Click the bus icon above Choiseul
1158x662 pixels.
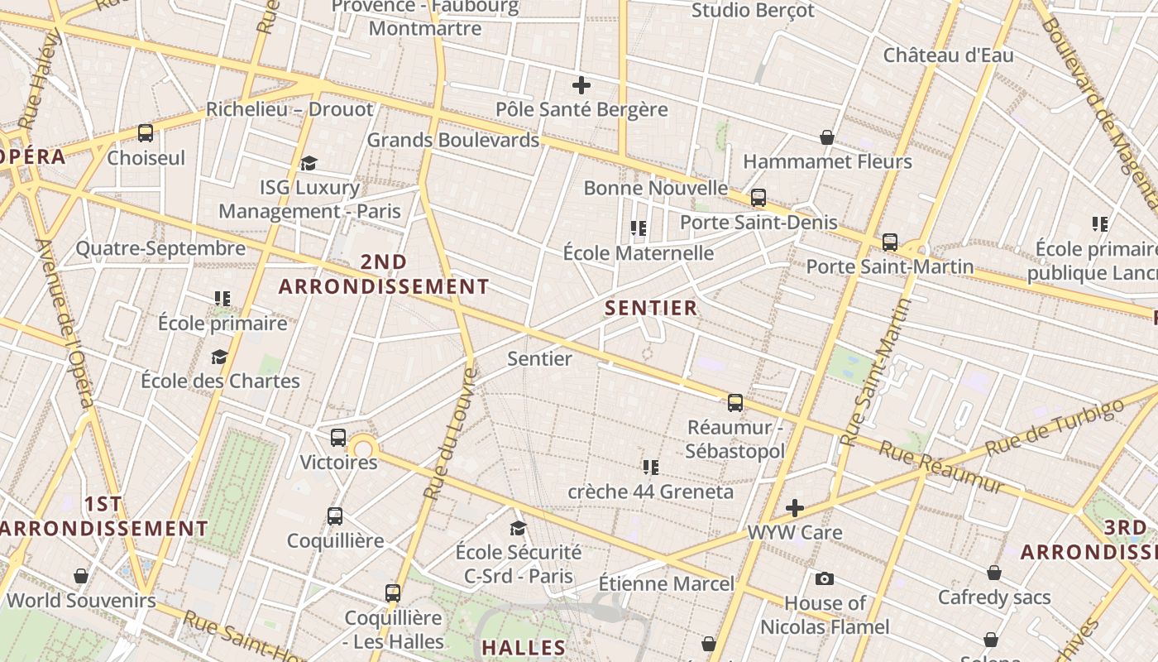pos(146,133)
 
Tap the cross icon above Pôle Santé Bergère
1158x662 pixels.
pos(581,84)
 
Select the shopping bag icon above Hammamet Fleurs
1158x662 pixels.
pos(826,137)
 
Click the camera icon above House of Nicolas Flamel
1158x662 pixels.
pos(824,579)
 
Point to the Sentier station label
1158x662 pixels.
pos(539,358)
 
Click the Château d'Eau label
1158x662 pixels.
pos(948,55)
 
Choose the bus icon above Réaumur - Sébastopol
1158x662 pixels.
pos(735,403)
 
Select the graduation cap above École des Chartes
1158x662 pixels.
pos(219,357)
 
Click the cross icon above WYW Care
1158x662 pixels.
pos(795,507)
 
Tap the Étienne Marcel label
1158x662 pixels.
pos(666,583)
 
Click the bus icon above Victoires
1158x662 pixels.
pos(338,438)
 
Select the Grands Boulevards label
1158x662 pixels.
pos(452,140)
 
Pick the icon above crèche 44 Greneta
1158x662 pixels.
pos(651,468)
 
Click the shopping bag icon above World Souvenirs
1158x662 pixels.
pos(81,575)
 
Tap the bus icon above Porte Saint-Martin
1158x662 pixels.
pos(890,242)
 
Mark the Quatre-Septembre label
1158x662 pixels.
pos(160,248)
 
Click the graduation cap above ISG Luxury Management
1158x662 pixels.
pos(309,163)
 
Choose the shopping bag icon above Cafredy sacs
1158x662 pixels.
pos(994,573)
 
